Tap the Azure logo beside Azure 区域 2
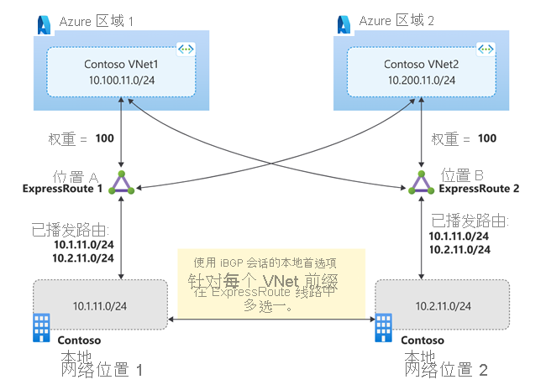(345, 21)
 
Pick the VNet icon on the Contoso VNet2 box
(484, 50)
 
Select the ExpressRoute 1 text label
(64, 190)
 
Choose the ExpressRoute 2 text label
(480, 189)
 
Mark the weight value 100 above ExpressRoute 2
(486, 138)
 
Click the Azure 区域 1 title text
(97, 22)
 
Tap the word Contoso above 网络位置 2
(423, 341)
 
